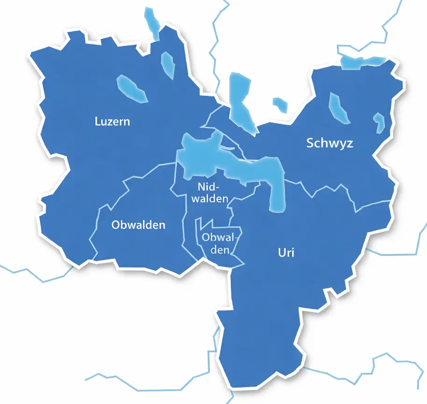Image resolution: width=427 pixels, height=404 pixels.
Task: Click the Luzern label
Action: click(112, 122)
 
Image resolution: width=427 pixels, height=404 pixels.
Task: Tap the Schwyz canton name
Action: click(330, 143)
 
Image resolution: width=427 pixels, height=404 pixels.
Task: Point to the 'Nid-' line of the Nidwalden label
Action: click(208, 187)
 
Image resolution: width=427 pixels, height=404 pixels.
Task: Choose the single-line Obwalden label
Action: click(138, 225)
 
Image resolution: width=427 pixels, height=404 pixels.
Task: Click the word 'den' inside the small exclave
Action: click(219, 249)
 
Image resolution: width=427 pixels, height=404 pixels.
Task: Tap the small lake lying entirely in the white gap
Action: click(280, 104)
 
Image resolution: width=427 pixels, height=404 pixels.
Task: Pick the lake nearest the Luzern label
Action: click(131, 88)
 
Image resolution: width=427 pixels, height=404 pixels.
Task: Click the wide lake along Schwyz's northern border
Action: click(363, 62)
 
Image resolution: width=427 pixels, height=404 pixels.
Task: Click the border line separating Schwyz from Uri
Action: click(327, 189)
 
